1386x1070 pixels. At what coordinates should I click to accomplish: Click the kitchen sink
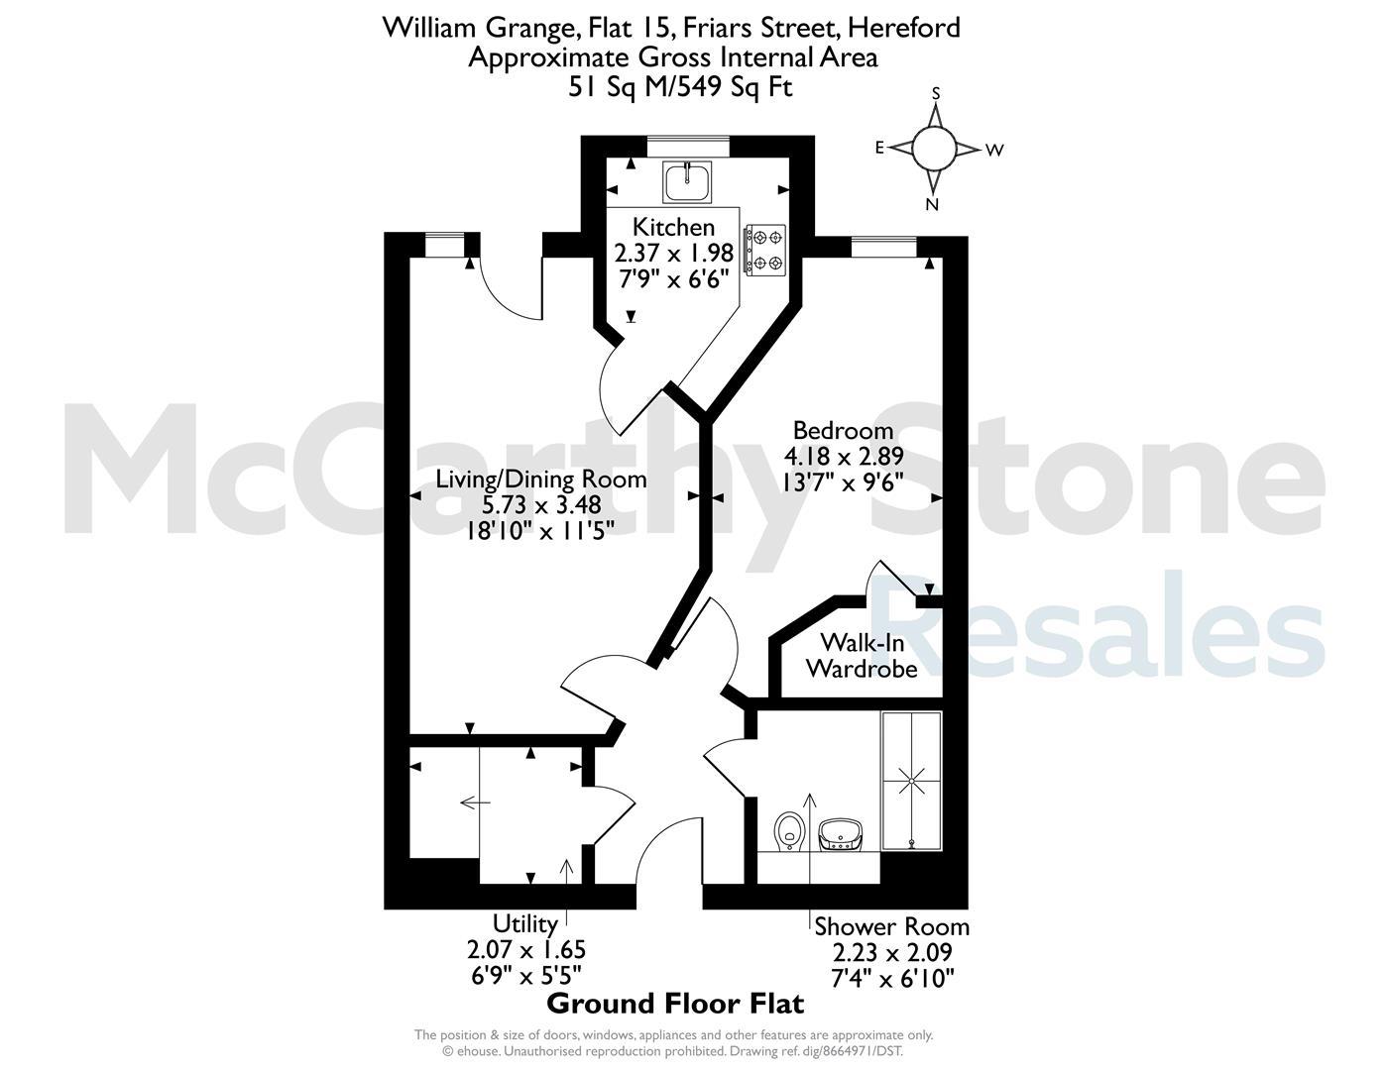(x=687, y=181)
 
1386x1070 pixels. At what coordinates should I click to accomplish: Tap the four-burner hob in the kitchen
(x=766, y=251)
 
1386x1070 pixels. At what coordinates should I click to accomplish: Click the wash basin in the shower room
(x=842, y=835)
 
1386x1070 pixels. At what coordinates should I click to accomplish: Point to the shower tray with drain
(x=911, y=781)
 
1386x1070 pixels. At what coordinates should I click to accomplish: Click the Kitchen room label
(x=673, y=227)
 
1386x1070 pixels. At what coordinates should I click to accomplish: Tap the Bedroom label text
(x=843, y=430)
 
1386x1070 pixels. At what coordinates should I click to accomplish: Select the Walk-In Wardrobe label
(x=862, y=655)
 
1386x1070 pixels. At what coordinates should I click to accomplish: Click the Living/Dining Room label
(x=541, y=479)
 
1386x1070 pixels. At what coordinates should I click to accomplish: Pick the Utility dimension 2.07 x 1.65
(x=526, y=949)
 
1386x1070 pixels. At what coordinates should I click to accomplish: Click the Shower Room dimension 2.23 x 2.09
(x=891, y=952)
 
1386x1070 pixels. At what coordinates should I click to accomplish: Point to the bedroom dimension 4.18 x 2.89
(x=844, y=457)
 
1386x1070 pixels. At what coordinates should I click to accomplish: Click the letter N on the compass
(x=932, y=204)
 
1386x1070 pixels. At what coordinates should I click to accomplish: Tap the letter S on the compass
(x=936, y=94)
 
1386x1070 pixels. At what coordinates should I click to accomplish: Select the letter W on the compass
(x=995, y=151)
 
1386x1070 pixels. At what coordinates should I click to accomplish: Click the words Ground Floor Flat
(x=675, y=1003)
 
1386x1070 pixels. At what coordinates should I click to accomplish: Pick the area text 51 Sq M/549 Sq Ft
(x=680, y=87)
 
